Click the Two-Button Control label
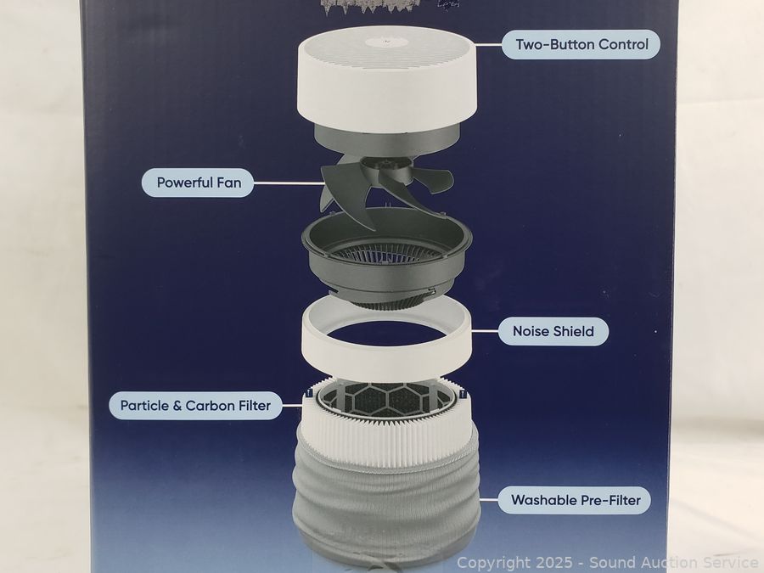click(x=581, y=45)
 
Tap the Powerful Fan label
click(x=198, y=183)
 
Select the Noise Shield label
click(x=553, y=331)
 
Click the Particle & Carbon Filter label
click(x=195, y=406)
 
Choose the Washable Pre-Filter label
click(x=575, y=500)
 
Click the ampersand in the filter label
click(x=177, y=406)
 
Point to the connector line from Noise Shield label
click(x=485, y=331)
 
